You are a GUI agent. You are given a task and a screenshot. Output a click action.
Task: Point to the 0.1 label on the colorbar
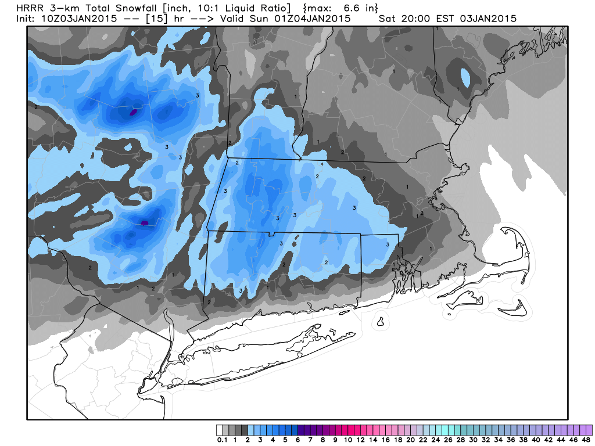(x=222, y=440)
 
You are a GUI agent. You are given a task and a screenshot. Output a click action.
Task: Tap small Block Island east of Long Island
(x=381, y=321)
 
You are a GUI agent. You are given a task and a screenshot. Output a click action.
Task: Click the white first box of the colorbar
(x=219, y=430)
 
